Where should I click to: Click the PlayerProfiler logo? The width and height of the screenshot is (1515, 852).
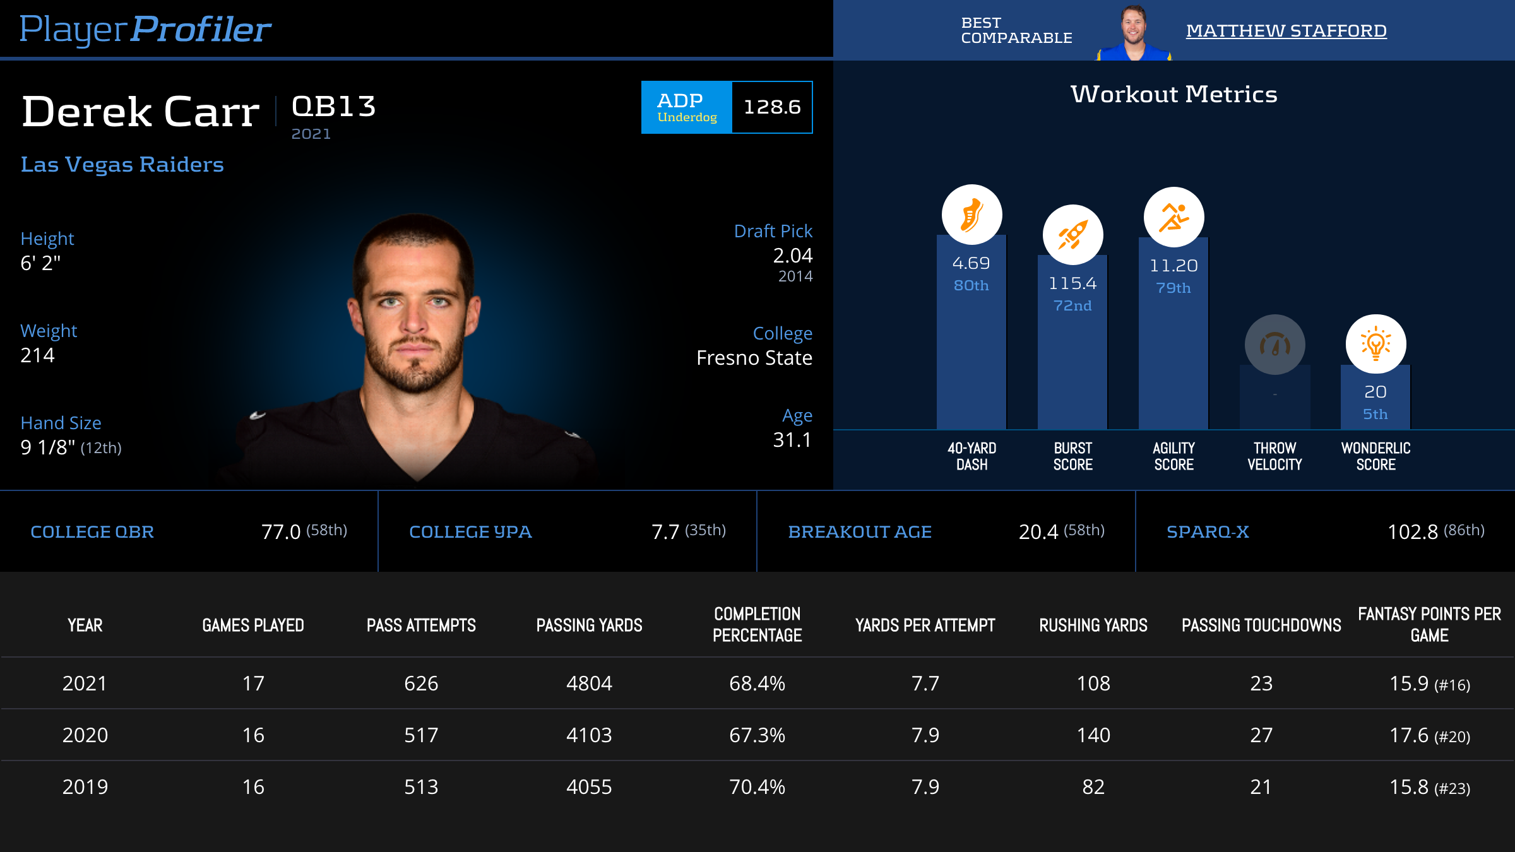(145, 29)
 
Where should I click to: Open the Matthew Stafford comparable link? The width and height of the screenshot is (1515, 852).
(1286, 30)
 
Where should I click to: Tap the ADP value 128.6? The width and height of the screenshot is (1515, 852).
(772, 107)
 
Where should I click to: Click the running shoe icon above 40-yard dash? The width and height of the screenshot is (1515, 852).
(971, 215)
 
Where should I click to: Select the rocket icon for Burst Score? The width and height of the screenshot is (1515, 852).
(1072, 235)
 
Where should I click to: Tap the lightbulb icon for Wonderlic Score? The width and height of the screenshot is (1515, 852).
(1375, 344)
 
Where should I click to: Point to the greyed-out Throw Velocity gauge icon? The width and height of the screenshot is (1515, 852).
(1274, 345)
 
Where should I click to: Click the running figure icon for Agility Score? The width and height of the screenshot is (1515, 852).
(1173, 217)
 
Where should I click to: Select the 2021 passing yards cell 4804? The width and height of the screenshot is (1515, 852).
(589, 683)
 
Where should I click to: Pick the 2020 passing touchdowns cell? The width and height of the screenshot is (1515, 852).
(1261, 735)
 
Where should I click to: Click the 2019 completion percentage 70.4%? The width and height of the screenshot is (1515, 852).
(757, 787)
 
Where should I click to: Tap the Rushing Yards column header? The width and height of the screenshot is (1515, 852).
(1093, 625)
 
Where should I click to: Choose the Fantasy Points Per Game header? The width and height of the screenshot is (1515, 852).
(1429, 625)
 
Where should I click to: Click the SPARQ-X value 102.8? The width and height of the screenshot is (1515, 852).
(1413, 532)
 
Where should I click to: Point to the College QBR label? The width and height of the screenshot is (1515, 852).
(92, 532)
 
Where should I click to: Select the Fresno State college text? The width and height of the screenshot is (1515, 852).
(754, 358)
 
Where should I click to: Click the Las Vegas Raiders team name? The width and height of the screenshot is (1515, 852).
(122, 165)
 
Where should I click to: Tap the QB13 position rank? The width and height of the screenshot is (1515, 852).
(334, 107)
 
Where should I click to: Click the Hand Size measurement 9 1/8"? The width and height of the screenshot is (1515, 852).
(48, 447)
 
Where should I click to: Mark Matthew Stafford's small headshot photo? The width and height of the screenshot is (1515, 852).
(1134, 32)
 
